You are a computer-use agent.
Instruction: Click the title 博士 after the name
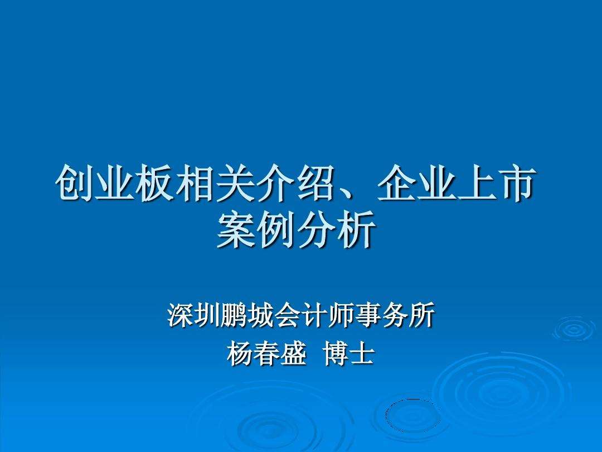click(348, 354)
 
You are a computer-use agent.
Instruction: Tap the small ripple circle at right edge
click(574, 329)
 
